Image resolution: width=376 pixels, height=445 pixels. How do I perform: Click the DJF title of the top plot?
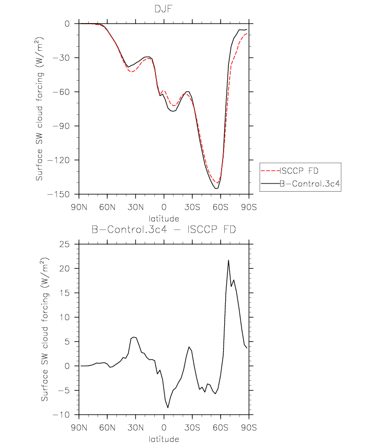point(164,9)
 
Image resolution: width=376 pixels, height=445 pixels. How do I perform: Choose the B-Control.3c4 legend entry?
point(300,184)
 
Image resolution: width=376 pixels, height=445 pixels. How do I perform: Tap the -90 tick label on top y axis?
point(61,126)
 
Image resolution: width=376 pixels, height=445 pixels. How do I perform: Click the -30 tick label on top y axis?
point(61,58)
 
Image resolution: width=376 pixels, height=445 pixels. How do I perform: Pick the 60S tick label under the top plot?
point(221,207)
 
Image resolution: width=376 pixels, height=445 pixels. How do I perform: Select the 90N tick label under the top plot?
point(79,207)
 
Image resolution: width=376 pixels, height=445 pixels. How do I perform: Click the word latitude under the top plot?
point(164,218)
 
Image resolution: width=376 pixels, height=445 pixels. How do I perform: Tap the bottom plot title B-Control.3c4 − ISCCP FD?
point(164,229)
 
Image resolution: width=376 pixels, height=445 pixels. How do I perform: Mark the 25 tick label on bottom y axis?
point(64,244)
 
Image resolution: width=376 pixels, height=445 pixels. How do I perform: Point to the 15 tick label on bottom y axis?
point(64,293)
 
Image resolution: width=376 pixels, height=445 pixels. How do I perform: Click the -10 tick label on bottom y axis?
point(61,415)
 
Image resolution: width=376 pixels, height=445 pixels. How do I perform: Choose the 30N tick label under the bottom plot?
point(135,428)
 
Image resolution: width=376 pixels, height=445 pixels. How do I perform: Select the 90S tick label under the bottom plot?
point(249,428)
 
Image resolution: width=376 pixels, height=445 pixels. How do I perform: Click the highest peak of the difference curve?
point(228,260)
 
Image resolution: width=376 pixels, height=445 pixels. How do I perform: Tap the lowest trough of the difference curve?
point(168,407)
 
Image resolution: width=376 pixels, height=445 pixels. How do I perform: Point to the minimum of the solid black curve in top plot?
point(216,189)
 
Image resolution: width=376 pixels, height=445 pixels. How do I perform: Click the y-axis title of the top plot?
point(39,109)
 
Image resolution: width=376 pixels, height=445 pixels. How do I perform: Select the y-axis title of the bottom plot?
point(45,329)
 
